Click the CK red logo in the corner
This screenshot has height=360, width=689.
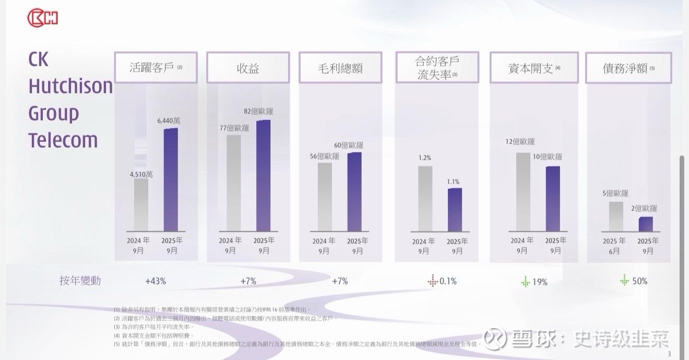pyautogui.click(x=42, y=18)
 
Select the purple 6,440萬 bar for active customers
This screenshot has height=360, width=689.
pyautogui.click(x=171, y=179)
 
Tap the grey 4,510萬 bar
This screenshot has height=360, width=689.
pyautogui.click(x=141, y=205)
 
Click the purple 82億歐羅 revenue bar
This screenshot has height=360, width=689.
pyautogui.click(x=263, y=175)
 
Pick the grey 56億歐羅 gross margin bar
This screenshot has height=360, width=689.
pyautogui.click(x=325, y=197)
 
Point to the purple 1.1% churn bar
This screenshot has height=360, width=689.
pyautogui.click(x=455, y=210)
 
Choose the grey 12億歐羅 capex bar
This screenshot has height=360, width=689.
pyautogui.click(x=523, y=191)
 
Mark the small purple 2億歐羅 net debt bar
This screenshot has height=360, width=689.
pyautogui.click(x=646, y=224)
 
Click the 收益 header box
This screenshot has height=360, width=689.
pyautogui.click(x=248, y=68)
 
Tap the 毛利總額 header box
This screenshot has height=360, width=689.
pyautogui.click(x=340, y=68)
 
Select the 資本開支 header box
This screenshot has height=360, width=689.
pyautogui.click(x=533, y=68)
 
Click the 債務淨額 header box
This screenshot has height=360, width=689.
pyautogui.click(x=628, y=68)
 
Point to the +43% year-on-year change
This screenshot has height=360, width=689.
pyautogui.click(x=156, y=281)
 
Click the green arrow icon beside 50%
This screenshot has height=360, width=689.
pyautogui.click(x=624, y=280)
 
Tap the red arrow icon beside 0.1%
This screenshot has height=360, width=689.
pyautogui.click(x=432, y=281)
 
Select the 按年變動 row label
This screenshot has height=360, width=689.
pyautogui.click(x=80, y=281)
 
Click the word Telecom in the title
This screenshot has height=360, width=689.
pyautogui.click(x=63, y=140)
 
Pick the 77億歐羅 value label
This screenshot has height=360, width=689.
pyautogui.click(x=234, y=128)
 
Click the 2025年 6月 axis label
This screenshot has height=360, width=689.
pyautogui.click(x=614, y=246)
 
